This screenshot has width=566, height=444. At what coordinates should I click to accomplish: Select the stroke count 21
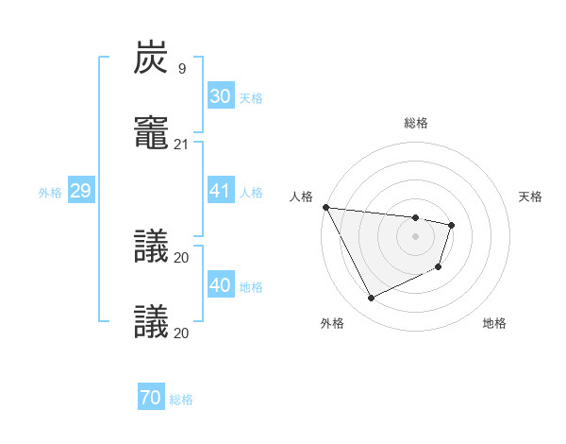coord(182,145)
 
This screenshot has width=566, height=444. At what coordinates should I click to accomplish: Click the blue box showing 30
coord(220,96)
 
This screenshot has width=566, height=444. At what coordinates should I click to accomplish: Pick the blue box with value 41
coord(220,191)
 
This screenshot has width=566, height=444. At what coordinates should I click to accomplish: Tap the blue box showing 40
coord(220,285)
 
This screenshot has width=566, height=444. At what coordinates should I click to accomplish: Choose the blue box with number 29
coord(80,191)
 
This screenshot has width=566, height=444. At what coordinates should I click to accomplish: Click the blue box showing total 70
coord(150,399)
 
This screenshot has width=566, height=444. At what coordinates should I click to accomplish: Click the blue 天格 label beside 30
coord(251,98)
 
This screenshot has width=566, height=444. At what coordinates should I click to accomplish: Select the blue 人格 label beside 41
coord(251,193)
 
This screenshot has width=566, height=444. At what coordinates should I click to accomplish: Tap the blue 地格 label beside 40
coord(251,287)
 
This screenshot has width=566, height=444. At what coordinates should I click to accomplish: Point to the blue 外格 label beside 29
coord(50,193)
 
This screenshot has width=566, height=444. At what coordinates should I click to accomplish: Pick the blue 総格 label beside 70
coord(181,401)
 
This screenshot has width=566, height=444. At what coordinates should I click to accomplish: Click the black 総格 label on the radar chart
coord(416,123)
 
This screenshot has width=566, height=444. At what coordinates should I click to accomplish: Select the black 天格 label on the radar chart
coord(531,196)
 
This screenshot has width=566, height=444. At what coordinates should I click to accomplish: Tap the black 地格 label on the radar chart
coord(494,323)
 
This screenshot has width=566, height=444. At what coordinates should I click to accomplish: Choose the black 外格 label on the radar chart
coord(332,323)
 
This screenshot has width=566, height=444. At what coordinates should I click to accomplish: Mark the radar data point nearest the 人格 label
coord(325,207)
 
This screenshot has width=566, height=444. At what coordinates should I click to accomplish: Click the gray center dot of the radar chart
coord(415,236)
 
